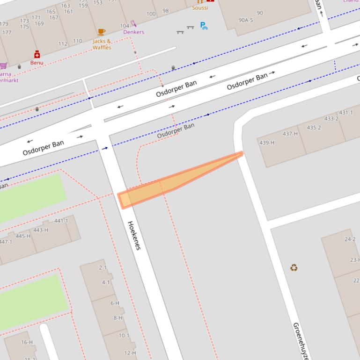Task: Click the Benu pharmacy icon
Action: (x=37, y=55)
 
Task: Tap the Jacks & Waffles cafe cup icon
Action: (x=102, y=32)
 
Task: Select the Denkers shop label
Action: (x=133, y=32)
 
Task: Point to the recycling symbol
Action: (x=294, y=267)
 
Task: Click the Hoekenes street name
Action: (x=134, y=235)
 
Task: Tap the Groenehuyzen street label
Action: (x=301, y=340)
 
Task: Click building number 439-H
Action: (x=267, y=143)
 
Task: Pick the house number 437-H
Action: (x=290, y=134)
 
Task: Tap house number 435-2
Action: (x=314, y=128)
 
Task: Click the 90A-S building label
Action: (x=246, y=20)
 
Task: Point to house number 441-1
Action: (x=61, y=221)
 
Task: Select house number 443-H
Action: (x=41, y=230)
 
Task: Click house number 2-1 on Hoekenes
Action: (x=103, y=268)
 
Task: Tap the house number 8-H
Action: (x=118, y=318)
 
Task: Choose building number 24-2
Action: (x=350, y=239)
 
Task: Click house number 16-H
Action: (x=27, y=342)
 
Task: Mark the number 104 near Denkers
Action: (x=125, y=26)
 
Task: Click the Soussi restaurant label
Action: (x=200, y=8)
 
